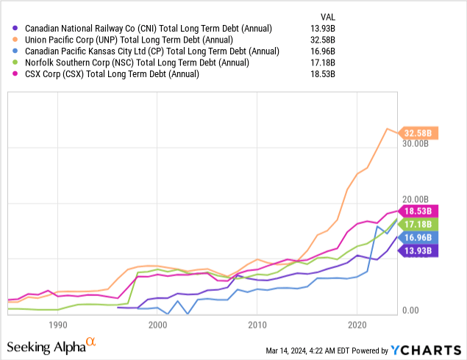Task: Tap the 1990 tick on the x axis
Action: [58, 324]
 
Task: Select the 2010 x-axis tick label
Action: [257, 324]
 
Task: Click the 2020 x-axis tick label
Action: [357, 324]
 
